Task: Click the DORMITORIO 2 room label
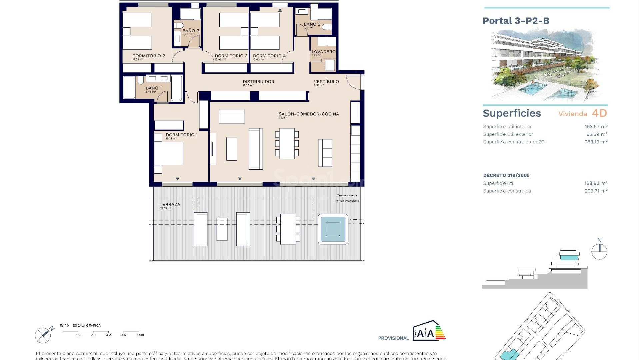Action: [x=148, y=56]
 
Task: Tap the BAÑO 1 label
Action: [x=153, y=88]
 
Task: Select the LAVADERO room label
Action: [x=323, y=52]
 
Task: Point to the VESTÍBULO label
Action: [x=326, y=82]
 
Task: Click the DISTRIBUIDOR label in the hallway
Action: [x=258, y=82]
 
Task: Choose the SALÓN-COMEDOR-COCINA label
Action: [x=309, y=114]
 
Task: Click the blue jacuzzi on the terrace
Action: [x=333, y=229]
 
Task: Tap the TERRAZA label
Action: [x=170, y=205]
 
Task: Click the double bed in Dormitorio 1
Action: [x=168, y=154]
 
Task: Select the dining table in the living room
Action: [x=287, y=144]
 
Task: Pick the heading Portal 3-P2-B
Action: [x=516, y=21]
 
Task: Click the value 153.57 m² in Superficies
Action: [x=596, y=127]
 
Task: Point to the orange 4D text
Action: [x=599, y=113]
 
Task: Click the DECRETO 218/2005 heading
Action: [x=506, y=175]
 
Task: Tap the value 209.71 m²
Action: [x=596, y=191]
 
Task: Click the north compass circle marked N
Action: [x=599, y=251]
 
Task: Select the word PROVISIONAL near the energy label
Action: [x=393, y=338]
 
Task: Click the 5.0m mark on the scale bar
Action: [x=140, y=335]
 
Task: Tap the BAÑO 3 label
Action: [x=312, y=24]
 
